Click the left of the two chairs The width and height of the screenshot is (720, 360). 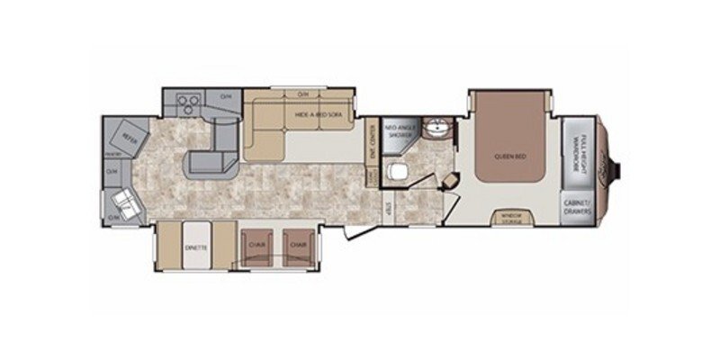pyautogui.click(x=251, y=246)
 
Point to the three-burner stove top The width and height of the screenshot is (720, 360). pyautogui.click(x=187, y=102)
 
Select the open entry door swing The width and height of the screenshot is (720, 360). pyautogui.click(x=355, y=232)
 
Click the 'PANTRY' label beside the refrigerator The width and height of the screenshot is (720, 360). pyautogui.click(x=107, y=155)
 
